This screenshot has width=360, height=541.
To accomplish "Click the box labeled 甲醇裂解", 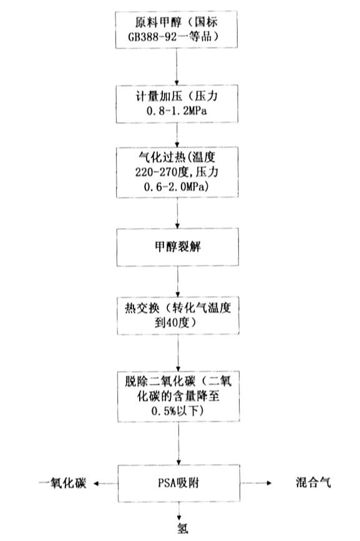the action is (178, 247).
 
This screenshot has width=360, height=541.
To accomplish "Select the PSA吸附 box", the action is (179, 483).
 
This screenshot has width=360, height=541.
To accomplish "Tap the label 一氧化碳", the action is (62, 483).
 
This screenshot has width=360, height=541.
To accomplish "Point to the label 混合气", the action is (313, 482).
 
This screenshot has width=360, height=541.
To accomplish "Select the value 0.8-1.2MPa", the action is (177, 111).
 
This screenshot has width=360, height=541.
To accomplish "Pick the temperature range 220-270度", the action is (162, 172).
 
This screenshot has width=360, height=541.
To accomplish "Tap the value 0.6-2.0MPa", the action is (176, 187).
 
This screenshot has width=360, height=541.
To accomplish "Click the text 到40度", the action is (172, 323).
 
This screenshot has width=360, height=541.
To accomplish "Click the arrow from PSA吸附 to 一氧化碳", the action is (106, 484).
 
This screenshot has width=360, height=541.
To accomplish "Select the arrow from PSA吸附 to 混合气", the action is (256, 483).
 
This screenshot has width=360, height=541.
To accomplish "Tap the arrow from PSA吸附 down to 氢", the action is (179, 511).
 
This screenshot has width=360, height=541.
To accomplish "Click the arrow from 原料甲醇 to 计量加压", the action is (177, 67).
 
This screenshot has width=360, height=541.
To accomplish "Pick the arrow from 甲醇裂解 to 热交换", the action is (178, 281).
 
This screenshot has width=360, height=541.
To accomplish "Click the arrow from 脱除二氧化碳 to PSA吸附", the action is (178, 444).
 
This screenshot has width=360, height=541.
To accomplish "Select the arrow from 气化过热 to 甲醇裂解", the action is (178, 213).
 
